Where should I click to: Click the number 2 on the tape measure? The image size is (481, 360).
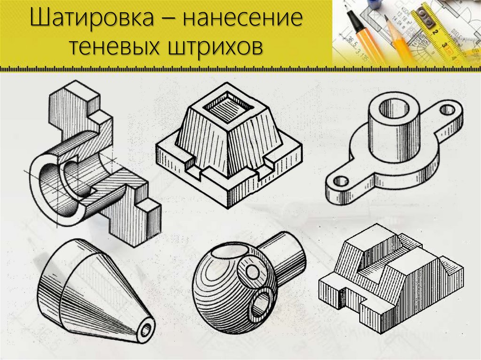[x=435, y=31]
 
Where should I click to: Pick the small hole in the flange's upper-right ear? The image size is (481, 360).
[x=448, y=110]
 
